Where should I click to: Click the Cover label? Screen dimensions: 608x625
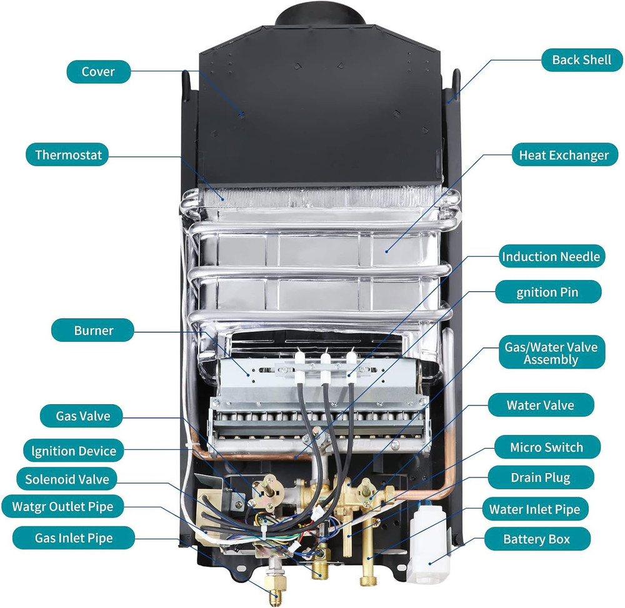tap(98, 71)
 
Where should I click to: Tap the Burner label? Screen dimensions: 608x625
tap(93, 330)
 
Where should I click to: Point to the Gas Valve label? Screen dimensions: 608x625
tap(82, 416)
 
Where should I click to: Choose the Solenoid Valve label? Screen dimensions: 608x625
tap(67, 480)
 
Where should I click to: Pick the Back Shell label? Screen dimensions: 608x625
tap(582, 60)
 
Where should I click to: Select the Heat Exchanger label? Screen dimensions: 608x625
tap(564, 155)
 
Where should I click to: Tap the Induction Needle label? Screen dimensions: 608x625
tap(551, 256)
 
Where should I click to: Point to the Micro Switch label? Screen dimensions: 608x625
tap(546, 447)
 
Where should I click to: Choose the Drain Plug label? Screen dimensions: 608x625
tap(540, 478)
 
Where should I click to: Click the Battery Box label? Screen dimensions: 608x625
tap(537, 539)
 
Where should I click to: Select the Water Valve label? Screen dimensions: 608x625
tap(540, 405)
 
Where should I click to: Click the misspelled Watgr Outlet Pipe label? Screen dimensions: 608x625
tap(62, 506)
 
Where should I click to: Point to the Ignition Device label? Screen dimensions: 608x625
tap(69, 451)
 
